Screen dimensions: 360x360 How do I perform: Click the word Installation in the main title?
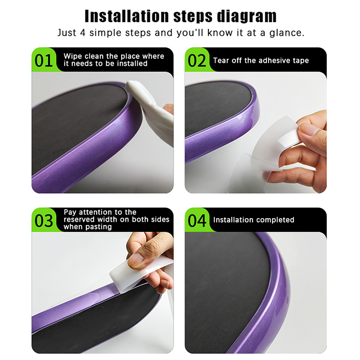click(127, 16)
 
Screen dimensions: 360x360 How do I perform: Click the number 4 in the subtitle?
click(83, 32)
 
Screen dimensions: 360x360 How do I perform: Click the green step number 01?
click(43, 61)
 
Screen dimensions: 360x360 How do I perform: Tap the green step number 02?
click(197, 61)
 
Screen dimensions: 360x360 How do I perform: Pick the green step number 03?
click(44, 220)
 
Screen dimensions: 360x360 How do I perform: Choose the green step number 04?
click(197, 220)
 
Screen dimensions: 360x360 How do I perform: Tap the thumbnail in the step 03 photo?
click(136, 260)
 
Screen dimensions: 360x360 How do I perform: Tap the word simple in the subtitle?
click(105, 33)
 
